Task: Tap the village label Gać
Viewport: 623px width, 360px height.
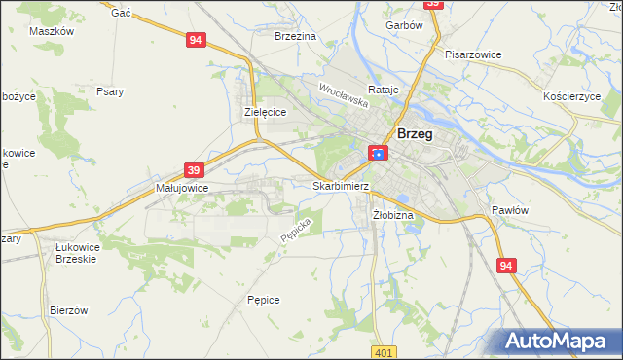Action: (122, 12)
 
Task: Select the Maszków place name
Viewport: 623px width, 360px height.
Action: (53, 31)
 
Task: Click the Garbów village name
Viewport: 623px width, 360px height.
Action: (403, 25)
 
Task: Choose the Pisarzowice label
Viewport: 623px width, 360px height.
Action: (473, 54)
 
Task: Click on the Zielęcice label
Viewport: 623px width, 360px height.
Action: (264, 113)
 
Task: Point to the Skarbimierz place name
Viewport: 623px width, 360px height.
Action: (341, 185)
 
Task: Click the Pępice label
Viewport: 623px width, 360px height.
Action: (264, 300)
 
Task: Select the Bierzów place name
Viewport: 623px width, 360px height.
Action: (69, 310)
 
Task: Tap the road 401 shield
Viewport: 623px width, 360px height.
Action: (384, 352)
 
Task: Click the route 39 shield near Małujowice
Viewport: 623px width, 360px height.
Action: (194, 169)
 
